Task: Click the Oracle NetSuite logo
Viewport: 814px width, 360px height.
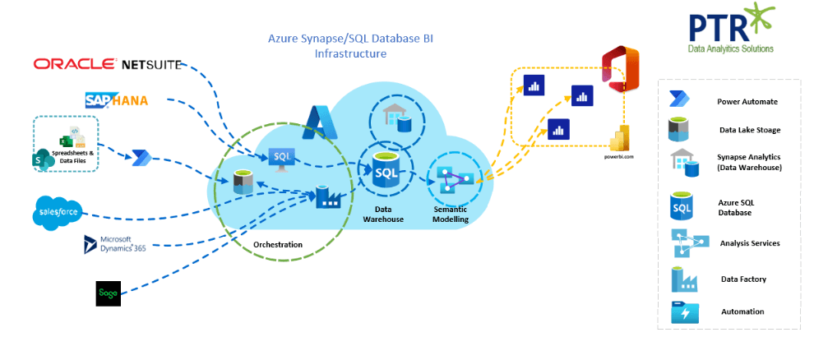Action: pos(107,64)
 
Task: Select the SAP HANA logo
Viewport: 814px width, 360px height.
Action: pos(117,100)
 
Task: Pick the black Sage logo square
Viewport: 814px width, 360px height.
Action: pos(108,293)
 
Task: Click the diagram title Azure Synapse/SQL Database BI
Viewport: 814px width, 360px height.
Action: pos(350,39)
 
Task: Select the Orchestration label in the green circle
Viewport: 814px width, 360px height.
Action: pos(277,244)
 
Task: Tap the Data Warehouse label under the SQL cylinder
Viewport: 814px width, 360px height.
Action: pos(386,214)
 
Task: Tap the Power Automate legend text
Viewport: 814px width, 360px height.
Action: pos(747,102)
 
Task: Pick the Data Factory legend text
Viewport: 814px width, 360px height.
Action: pos(743,279)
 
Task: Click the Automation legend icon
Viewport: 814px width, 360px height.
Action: pos(684,312)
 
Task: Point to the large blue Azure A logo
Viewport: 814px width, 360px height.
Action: pos(316,121)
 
